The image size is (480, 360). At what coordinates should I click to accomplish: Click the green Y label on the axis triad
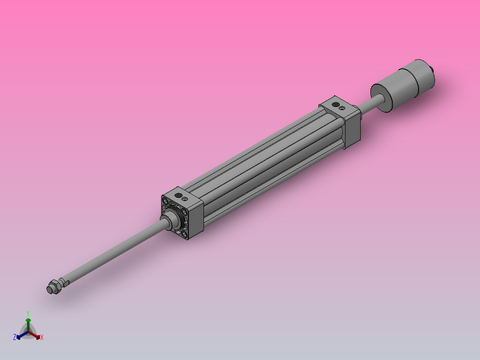[x=28, y=313]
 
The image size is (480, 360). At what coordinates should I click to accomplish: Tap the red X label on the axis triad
[x=41, y=338]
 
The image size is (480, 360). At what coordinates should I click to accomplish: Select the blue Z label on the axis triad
[x=15, y=338]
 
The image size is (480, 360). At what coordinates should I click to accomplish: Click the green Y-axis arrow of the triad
[x=28, y=323]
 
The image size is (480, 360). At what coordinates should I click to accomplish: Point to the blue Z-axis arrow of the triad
[x=20, y=335]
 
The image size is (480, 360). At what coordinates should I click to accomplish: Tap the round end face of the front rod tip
[x=49, y=290]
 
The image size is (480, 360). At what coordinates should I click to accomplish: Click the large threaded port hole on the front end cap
[x=178, y=195]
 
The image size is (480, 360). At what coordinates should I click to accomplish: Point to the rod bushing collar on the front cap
[x=170, y=220]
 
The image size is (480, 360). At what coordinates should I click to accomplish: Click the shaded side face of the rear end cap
[x=352, y=129]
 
